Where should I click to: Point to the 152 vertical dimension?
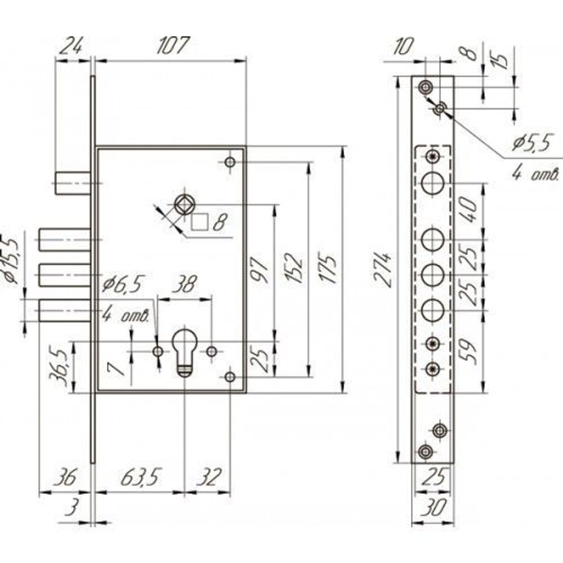(297, 269)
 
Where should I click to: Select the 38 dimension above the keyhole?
(184, 285)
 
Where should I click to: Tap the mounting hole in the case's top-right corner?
(229, 162)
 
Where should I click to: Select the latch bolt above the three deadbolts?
(73, 184)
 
